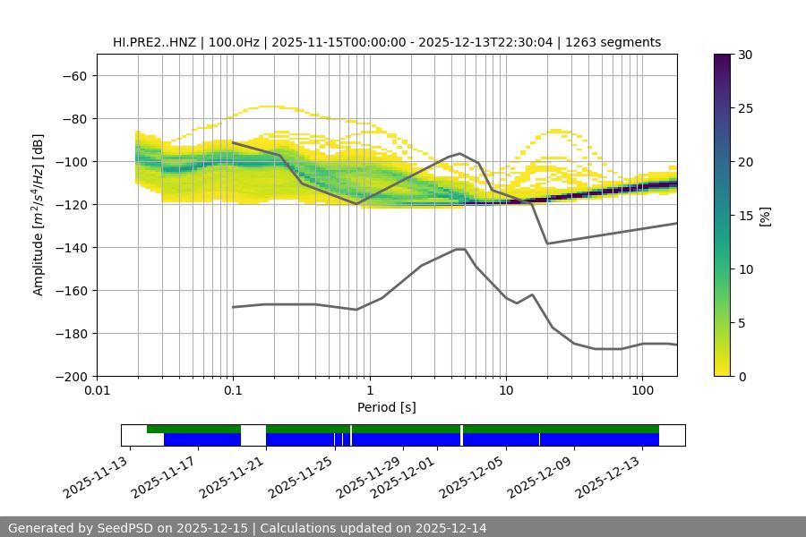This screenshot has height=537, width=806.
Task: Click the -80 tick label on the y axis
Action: click(x=74, y=119)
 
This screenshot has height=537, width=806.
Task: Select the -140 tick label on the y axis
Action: click(x=71, y=248)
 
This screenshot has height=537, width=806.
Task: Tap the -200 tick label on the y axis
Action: click(x=71, y=377)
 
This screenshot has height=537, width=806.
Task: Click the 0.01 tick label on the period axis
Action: click(x=97, y=392)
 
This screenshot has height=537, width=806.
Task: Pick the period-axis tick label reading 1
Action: click(x=369, y=392)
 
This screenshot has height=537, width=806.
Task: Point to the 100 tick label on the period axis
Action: click(x=642, y=392)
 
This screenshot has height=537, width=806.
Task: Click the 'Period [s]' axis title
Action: click(x=387, y=408)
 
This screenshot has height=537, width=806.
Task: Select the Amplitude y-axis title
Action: click(x=39, y=215)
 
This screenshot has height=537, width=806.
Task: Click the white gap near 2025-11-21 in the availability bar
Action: click(x=253, y=435)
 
